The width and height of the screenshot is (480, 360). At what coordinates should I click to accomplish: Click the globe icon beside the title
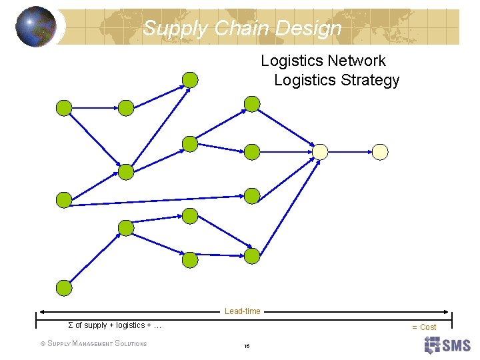(x=36, y=27)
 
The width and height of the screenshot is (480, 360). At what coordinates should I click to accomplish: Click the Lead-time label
(x=243, y=311)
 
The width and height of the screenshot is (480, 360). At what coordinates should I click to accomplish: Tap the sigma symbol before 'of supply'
(x=71, y=325)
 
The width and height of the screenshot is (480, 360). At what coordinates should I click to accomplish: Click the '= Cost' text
(x=424, y=327)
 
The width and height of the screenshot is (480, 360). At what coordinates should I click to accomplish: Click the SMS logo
(x=447, y=345)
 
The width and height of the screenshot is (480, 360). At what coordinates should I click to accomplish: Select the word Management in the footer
(x=93, y=344)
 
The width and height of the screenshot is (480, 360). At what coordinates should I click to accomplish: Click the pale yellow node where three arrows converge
(x=321, y=152)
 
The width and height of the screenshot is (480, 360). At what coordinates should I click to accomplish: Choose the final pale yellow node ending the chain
(x=380, y=152)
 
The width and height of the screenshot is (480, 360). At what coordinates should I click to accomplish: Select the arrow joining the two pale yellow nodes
(x=350, y=152)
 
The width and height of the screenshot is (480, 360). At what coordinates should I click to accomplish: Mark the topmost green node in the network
(x=191, y=80)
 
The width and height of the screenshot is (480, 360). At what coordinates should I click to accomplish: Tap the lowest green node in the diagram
(x=63, y=287)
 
